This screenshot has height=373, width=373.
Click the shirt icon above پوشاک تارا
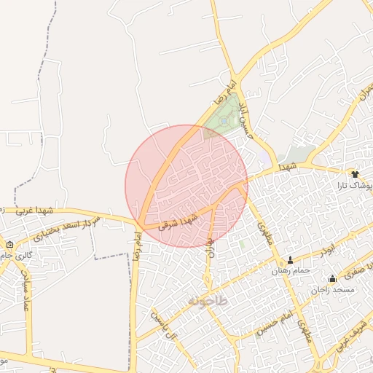pyautogui.click(x=355, y=174)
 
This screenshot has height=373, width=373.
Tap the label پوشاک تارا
pyautogui.click(x=354, y=186)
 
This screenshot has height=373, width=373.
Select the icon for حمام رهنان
pyautogui.click(x=291, y=260)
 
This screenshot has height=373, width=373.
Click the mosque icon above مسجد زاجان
pyautogui.click(x=333, y=278)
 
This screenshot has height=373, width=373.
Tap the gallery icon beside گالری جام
pyautogui.click(x=9, y=245)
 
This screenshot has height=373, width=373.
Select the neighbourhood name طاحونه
pyautogui.click(x=208, y=300)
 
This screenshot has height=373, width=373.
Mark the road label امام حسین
pyautogui.click(x=278, y=315)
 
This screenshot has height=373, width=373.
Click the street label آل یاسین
pyautogui.click(x=165, y=323)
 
